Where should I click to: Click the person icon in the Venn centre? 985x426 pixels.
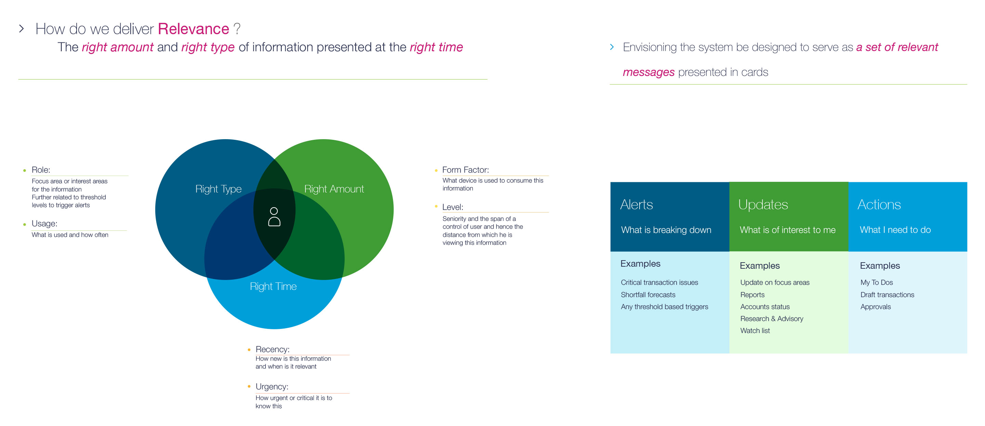coord(274,217)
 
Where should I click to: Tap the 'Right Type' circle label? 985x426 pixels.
coord(218,189)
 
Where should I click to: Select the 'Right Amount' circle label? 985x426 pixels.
coord(334,189)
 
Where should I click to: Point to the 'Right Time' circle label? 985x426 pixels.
coord(273,287)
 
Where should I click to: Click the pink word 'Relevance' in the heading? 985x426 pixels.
coord(194,29)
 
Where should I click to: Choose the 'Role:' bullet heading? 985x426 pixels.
coord(41,170)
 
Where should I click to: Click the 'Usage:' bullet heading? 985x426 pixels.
coord(44,224)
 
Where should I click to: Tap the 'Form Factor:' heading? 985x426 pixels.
coord(465,170)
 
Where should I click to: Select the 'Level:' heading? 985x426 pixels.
coord(453,207)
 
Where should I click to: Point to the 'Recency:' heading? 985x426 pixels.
coord(273,349)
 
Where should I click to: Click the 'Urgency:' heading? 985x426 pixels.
coord(272,387)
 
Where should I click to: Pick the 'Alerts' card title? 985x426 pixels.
coord(636,204)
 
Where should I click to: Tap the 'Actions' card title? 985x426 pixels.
coord(879,204)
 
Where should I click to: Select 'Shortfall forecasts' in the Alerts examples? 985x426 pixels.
coord(648,294)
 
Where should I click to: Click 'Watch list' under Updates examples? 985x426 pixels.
coord(755,330)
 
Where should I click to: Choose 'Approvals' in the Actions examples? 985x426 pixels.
coord(875,307)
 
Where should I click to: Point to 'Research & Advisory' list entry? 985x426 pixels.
coord(772,319)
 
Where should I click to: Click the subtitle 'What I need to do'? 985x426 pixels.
coord(895,230)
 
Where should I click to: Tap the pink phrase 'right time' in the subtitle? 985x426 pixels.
coord(436,47)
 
